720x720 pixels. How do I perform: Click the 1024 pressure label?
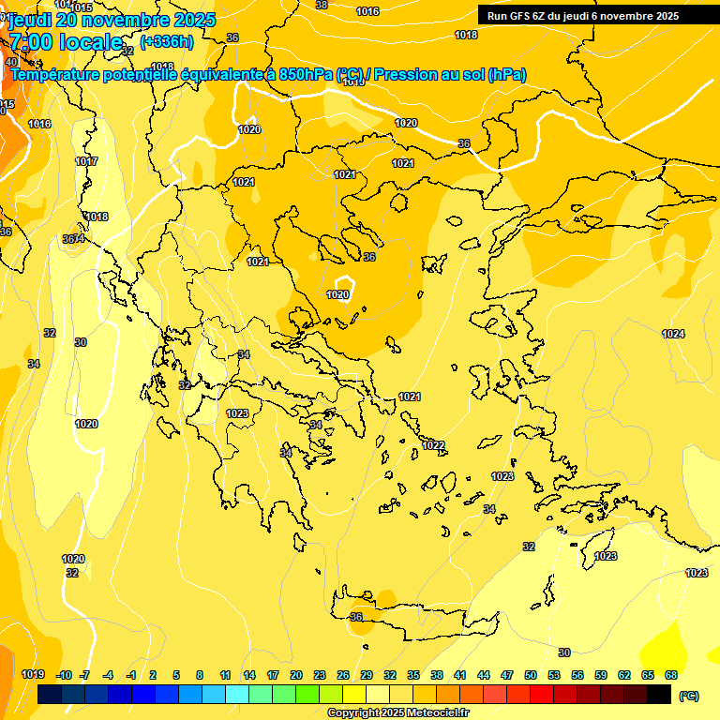click(673, 334)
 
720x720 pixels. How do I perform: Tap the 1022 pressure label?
click(433, 445)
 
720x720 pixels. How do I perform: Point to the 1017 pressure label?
click(86, 161)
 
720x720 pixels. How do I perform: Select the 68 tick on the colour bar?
click(670, 675)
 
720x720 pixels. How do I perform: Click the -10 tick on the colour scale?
click(64, 675)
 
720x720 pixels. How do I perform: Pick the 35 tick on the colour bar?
click(413, 675)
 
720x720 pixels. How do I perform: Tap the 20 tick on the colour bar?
click(296, 675)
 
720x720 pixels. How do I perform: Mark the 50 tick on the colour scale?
click(531, 675)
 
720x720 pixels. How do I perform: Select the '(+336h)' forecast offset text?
click(167, 41)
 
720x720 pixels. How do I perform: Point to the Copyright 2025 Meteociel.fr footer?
click(397, 712)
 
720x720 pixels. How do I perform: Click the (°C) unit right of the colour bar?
click(689, 696)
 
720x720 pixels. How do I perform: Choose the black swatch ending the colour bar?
click(659, 695)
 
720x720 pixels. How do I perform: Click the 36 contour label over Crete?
click(356, 617)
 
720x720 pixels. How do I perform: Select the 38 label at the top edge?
click(322, 5)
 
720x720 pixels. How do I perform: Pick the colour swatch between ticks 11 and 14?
click(237, 695)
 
